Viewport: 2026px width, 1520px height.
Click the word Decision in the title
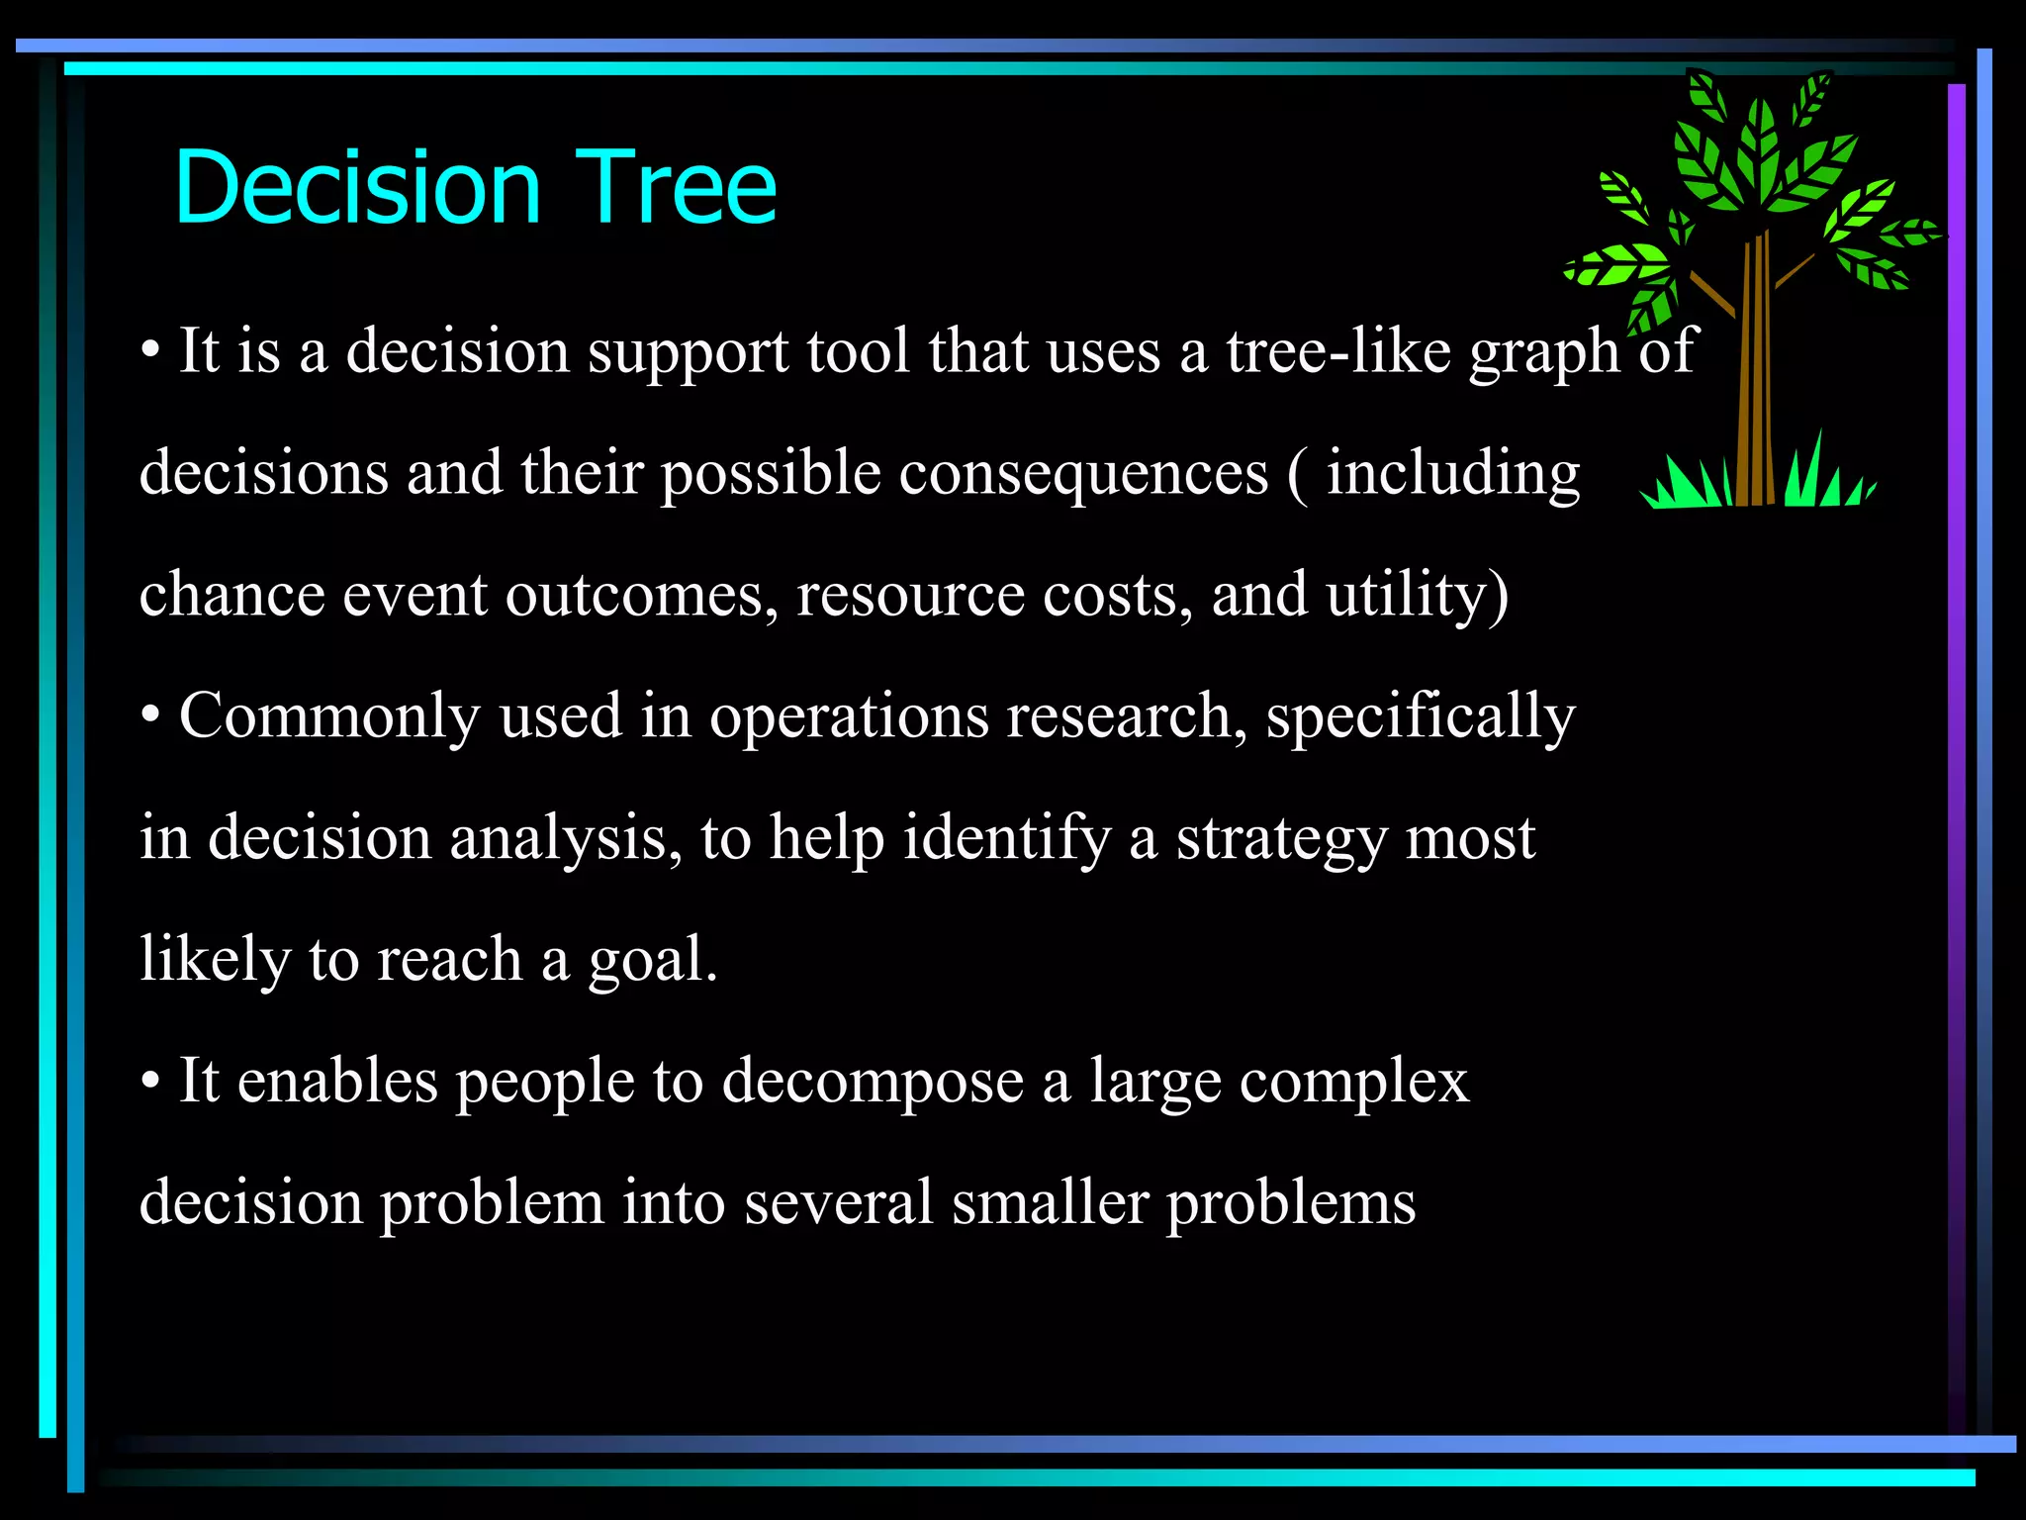click(356, 188)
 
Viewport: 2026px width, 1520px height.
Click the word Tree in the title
click(676, 188)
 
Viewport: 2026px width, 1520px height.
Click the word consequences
click(1083, 473)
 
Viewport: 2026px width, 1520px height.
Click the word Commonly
click(329, 716)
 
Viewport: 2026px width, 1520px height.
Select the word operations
click(849, 716)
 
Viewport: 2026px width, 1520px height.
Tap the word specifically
click(1421, 716)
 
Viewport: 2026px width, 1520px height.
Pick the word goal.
click(652, 960)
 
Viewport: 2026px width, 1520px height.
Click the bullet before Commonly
click(150, 716)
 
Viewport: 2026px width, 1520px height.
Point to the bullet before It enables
click(150, 1082)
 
